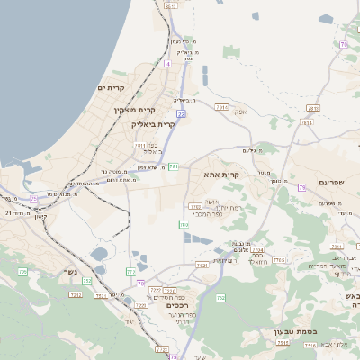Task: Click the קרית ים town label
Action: click(x=121, y=87)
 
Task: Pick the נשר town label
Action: click(x=70, y=272)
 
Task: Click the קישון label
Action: click(x=39, y=216)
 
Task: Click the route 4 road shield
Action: click(x=167, y=64)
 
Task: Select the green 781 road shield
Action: click(x=173, y=166)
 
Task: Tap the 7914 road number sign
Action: click(x=221, y=107)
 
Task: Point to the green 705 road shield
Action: click(x=22, y=271)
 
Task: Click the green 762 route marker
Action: click(x=220, y=298)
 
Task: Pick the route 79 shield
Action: click(x=302, y=187)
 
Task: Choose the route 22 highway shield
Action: click(x=181, y=114)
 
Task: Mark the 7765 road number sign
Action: click(x=279, y=260)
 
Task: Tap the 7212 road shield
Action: click(x=76, y=294)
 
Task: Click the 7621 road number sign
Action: click(x=202, y=265)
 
